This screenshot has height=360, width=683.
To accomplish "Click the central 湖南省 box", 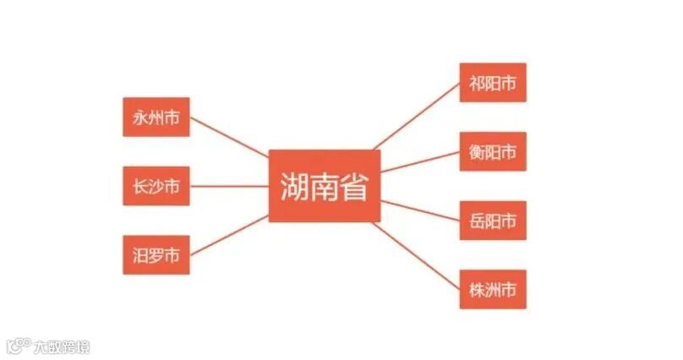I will [325, 187].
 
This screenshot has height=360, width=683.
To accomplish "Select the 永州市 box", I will [156, 117].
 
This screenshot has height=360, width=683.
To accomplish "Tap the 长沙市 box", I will [156, 186].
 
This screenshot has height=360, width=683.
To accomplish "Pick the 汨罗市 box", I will [156, 254].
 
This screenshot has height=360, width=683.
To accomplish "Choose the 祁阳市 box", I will [493, 83].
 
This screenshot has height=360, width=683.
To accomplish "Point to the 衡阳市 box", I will [493, 152].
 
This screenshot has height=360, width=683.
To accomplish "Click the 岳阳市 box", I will [493, 221].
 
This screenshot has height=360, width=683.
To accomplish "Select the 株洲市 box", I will [493, 290].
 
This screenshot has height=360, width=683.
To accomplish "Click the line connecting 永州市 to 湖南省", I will [228, 138].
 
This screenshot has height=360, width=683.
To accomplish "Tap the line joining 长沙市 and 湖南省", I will [228, 186].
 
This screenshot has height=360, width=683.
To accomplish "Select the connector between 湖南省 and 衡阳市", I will [420, 162].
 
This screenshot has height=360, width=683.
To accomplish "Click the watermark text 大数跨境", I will [61, 346].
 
